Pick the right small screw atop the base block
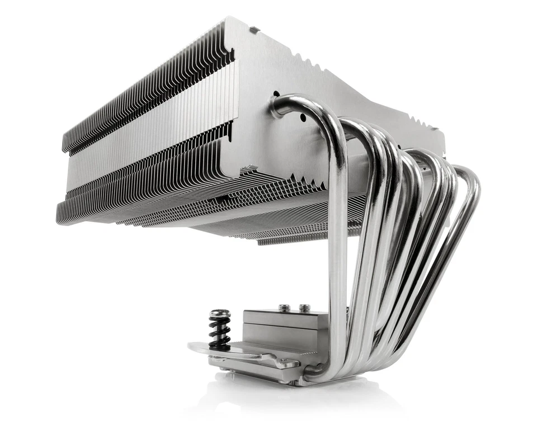coord(304,307)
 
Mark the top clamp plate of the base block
coord(280,317)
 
